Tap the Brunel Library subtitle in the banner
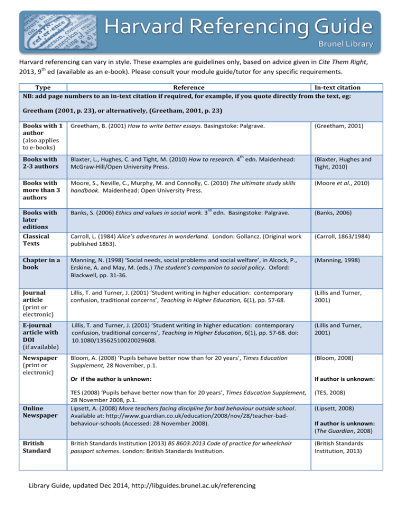[x=346, y=44]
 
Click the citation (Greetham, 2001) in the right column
[x=341, y=126]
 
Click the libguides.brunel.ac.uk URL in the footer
[x=194, y=486]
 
